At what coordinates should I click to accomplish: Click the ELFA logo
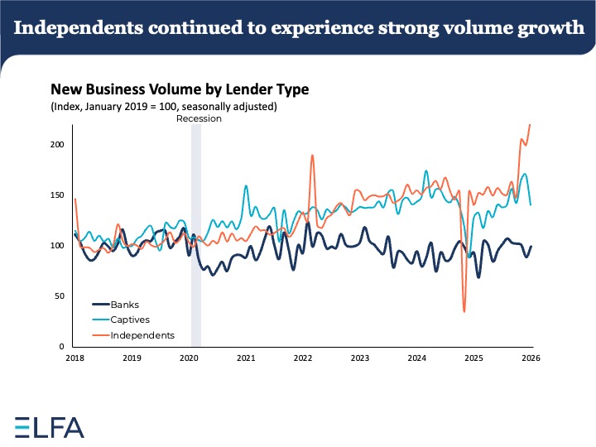click(x=50, y=427)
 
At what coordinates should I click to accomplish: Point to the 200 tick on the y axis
click(x=57, y=144)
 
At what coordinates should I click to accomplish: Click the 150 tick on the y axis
click(x=57, y=195)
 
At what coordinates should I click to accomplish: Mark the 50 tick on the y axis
click(x=60, y=296)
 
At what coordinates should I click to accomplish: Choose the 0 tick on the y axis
click(x=62, y=346)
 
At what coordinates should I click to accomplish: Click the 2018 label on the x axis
click(x=74, y=358)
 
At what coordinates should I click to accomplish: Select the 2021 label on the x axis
click(x=245, y=358)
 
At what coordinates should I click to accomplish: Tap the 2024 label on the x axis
click(x=416, y=358)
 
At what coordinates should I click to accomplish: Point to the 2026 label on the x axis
click(x=531, y=358)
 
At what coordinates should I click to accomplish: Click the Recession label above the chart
click(x=199, y=118)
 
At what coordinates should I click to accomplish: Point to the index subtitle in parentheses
click(x=163, y=106)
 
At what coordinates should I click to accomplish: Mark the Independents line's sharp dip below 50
click(x=464, y=311)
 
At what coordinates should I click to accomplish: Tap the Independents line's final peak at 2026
click(x=530, y=124)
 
